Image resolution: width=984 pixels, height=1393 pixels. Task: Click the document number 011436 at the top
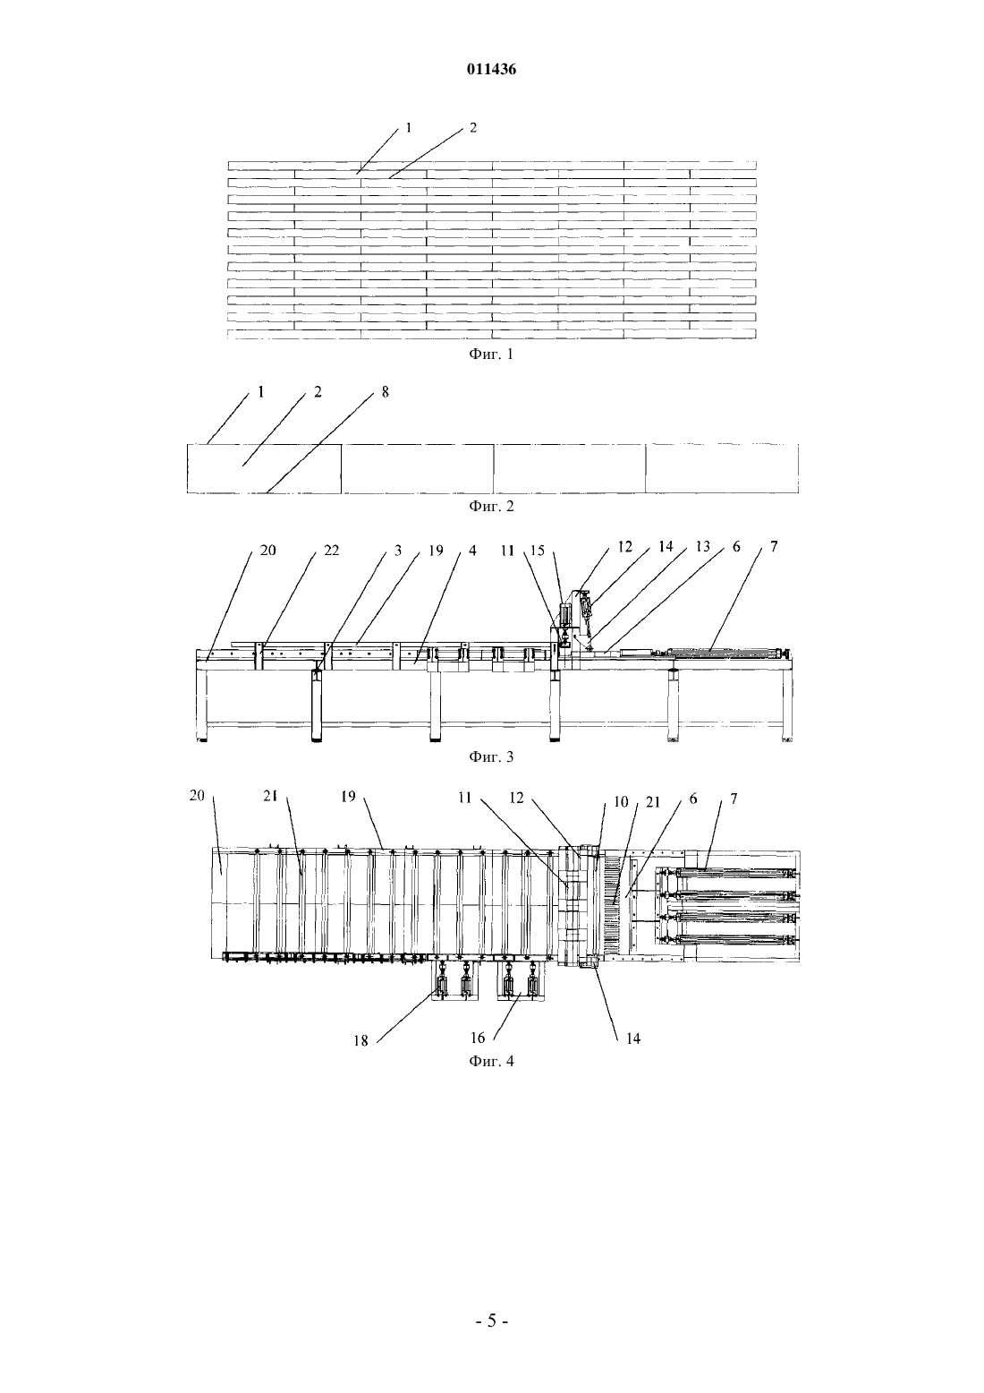pos(491,70)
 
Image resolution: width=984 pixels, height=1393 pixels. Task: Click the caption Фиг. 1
pos(491,355)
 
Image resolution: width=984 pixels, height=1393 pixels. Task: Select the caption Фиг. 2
pos(491,506)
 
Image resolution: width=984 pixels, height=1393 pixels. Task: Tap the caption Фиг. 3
pos(491,756)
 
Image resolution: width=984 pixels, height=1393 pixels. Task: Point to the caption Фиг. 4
pos(491,1061)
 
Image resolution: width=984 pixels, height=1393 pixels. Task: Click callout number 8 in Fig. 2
pos(386,392)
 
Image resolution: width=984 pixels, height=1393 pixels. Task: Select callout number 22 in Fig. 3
pos(332,551)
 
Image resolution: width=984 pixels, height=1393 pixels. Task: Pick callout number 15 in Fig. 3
pos(538,551)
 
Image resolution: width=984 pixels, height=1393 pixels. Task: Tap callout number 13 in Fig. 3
pos(702,547)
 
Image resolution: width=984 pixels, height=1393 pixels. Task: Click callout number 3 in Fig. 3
pos(397,551)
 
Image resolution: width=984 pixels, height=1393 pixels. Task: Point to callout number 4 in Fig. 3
pos(472,551)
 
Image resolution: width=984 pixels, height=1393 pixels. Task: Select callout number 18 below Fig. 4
pos(361,1041)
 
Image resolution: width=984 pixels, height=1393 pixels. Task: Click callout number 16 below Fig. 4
pos(477,1038)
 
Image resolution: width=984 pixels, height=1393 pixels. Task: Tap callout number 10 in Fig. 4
pos(621,802)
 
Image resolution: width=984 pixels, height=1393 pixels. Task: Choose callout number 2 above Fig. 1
pos(472,128)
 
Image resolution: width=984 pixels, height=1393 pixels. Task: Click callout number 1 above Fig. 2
pos(261,392)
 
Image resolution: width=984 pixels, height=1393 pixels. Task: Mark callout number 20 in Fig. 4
pos(197,795)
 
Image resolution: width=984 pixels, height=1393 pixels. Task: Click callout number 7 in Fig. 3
pos(774,547)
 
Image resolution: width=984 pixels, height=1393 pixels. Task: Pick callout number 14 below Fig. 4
pos(633,1038)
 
